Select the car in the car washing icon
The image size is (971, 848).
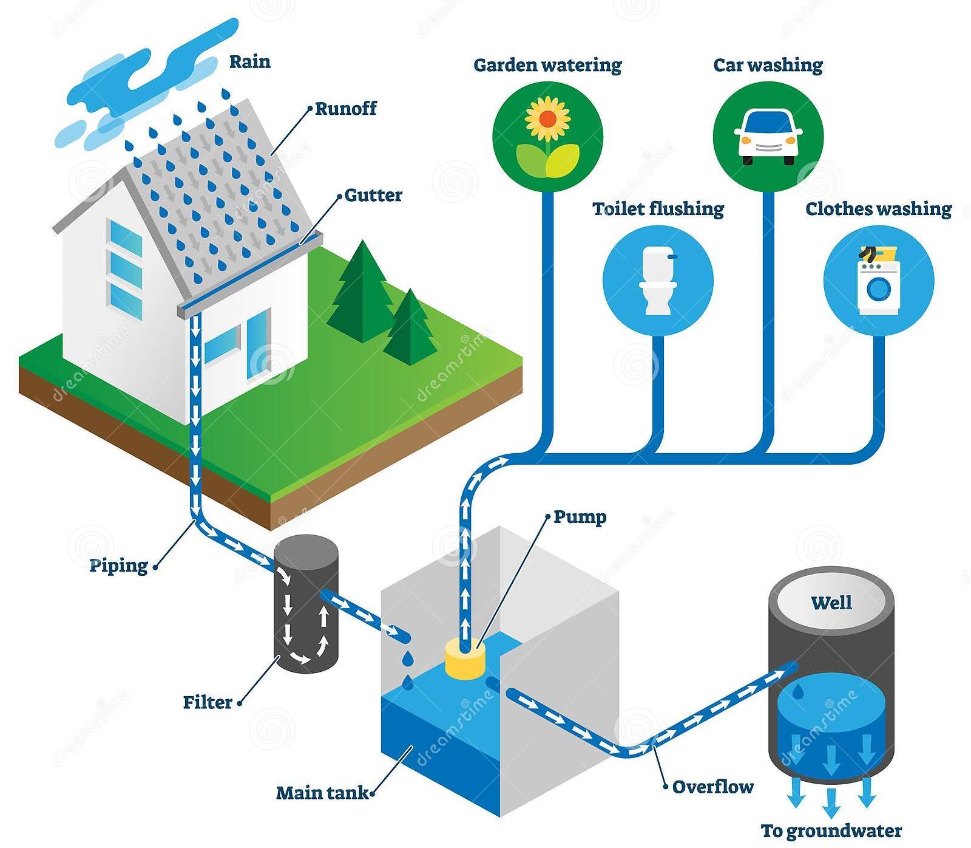[x=768, y=137]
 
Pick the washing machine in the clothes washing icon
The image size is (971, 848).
[x=878, y=280]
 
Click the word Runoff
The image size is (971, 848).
[x=346, y=109]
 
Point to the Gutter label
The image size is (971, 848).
[x=373, y=196]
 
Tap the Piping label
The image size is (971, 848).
[x=119, y=566]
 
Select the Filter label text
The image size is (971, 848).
[x=208, y=702]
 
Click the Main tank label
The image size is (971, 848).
[x=322, y=793]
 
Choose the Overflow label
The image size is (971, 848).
[x=712, y=787]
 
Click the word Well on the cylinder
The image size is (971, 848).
[x=831, y=603]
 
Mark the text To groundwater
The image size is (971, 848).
[x=831, y=830]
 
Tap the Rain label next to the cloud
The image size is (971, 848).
[x=249, y=62]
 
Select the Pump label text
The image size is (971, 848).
[x=580, y=518]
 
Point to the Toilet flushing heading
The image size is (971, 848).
[x=658, y=209]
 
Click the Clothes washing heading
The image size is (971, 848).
[x=878, y=209]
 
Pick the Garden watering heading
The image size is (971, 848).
[x=547, y=65]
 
